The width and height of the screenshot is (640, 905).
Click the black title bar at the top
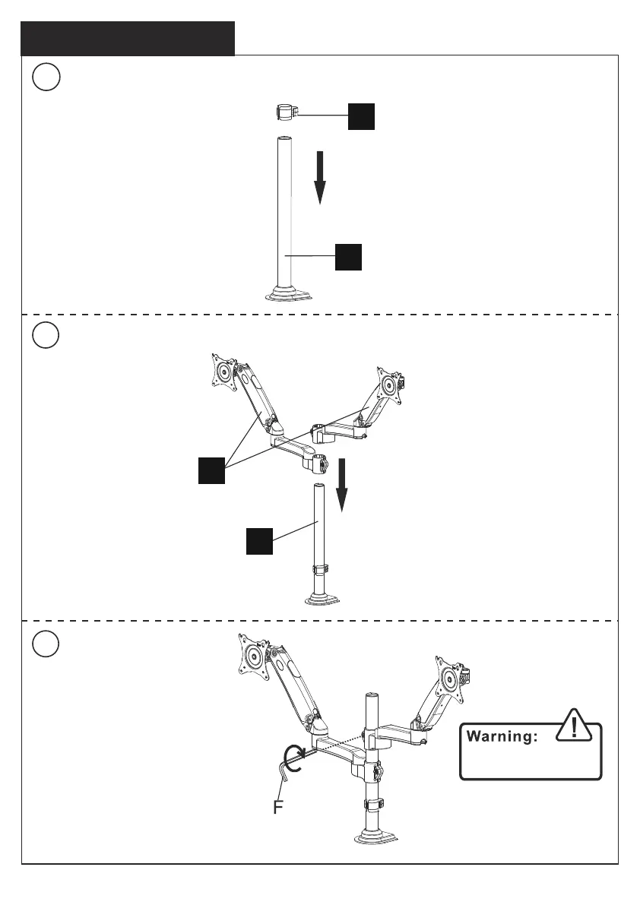tap(128, 38)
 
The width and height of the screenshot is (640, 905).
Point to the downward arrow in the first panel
tap(320, 177)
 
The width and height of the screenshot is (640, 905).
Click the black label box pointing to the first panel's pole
tap(348, 258)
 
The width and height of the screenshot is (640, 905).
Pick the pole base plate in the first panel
tap(287, 294)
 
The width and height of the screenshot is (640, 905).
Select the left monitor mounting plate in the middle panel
tap(224, 372)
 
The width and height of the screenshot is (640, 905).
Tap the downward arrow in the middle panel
tap(342, 486)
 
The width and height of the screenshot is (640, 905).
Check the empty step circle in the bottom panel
tap(47, 644)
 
